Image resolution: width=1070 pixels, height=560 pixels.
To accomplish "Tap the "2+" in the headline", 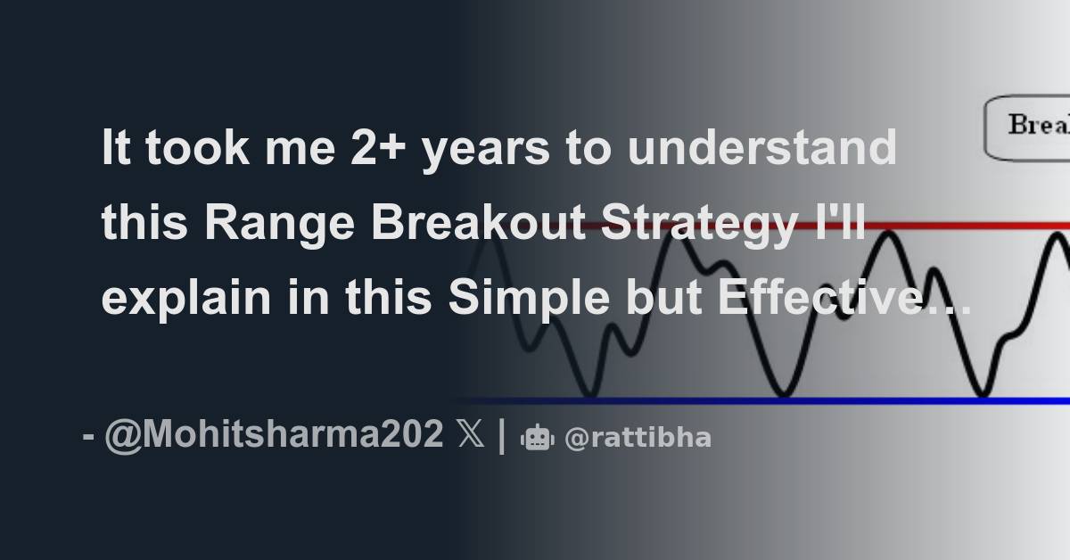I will [368, 150].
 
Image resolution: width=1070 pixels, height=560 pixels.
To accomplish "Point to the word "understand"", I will [761, 150].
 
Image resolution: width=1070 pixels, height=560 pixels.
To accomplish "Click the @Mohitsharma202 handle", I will [273, 436].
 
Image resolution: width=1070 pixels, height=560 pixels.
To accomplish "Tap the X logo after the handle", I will [471, 436].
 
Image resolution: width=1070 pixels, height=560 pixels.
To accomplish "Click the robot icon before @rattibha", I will [538, 437].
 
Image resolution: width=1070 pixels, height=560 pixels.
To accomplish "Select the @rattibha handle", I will [638, 437].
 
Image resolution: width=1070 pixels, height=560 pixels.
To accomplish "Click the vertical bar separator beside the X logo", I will [502, 436].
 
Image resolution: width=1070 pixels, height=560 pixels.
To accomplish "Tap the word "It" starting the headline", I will [116, 150].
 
